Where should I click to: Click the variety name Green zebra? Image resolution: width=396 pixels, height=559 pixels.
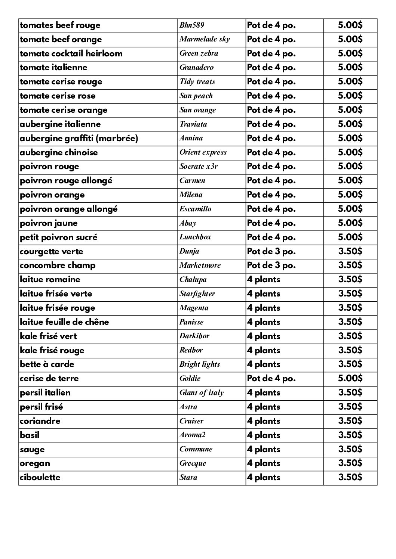199,53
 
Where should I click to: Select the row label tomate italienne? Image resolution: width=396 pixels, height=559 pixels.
53,68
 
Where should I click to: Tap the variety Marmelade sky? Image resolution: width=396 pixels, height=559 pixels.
205,39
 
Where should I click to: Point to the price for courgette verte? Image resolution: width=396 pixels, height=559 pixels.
350,251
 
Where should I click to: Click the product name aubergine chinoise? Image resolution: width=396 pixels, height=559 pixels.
59,152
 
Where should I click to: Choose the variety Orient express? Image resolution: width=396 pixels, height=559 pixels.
203,152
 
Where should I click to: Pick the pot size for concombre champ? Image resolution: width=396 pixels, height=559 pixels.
271,265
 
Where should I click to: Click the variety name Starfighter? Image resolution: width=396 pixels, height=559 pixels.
197,294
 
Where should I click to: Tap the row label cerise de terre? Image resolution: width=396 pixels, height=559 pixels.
49,378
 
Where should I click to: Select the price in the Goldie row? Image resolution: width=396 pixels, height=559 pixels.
350,378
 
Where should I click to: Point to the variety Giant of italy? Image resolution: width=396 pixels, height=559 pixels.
201,392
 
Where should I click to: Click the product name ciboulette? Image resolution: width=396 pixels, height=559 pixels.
40,477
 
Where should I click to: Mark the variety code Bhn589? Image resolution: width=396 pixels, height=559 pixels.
191,25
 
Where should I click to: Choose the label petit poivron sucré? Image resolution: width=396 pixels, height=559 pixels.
59,237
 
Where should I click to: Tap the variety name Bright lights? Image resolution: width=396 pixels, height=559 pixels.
200,364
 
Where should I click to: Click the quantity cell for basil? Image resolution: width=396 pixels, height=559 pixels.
263,435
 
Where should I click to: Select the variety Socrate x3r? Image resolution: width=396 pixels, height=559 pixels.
198,167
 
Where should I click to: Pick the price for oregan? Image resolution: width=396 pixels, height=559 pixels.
350,463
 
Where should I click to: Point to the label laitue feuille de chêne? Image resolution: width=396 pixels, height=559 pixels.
64,322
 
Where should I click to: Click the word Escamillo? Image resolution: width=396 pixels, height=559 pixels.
195,209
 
